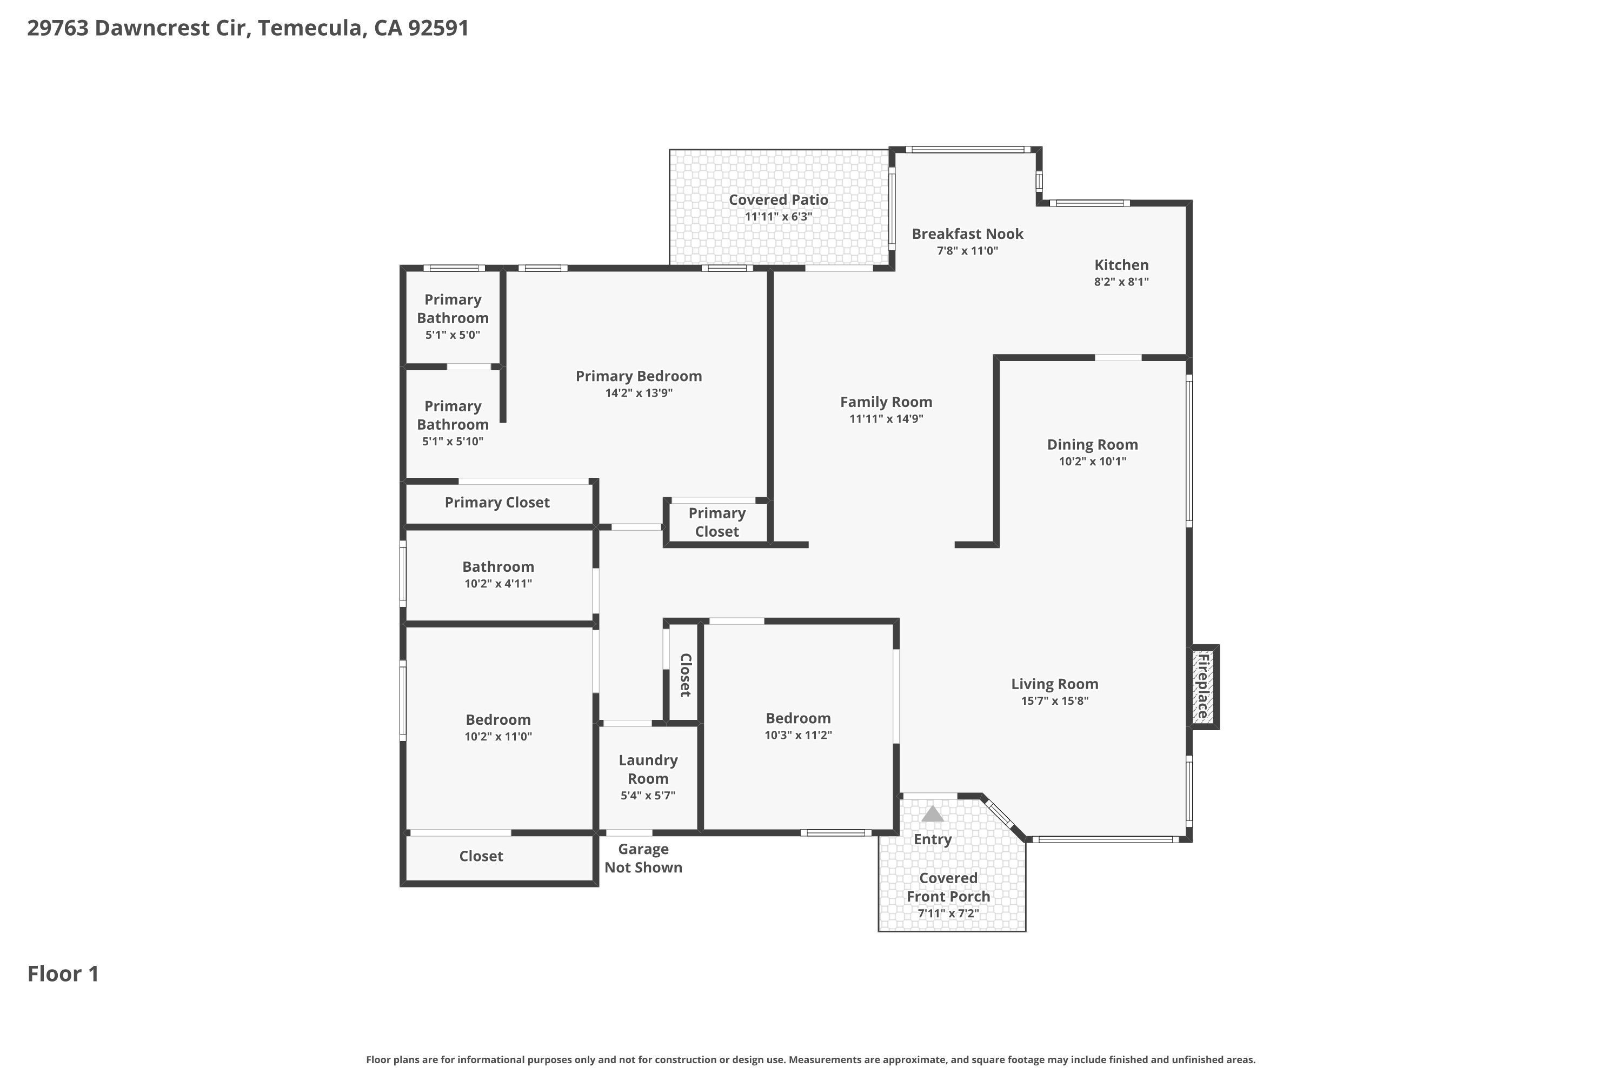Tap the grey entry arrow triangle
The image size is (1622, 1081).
point(932,813)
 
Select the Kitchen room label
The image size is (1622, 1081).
point(1121,265)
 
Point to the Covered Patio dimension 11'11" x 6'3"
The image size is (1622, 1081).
point(779,217)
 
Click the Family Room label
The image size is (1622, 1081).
point(886,402)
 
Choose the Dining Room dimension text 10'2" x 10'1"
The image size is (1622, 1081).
point(1092,461)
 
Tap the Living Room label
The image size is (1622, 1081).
point(1054,684)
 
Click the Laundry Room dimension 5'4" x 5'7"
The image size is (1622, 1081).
point(648,795)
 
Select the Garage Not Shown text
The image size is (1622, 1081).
point(643,858)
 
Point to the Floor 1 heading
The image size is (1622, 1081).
point(63,973)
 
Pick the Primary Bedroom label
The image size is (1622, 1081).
point(639,376)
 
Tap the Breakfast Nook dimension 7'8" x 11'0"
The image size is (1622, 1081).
point(967,250)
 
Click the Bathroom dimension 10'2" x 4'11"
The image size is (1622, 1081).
point(498,583)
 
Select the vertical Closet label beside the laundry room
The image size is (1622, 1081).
point(686,675)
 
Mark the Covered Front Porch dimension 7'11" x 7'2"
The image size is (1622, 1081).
point(948,913)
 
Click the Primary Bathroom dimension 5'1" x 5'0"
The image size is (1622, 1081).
point(453,335)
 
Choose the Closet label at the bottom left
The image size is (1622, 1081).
point(481,856)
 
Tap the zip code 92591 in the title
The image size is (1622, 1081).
point(438,28)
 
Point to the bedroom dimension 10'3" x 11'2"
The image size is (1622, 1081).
point(798,735)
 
